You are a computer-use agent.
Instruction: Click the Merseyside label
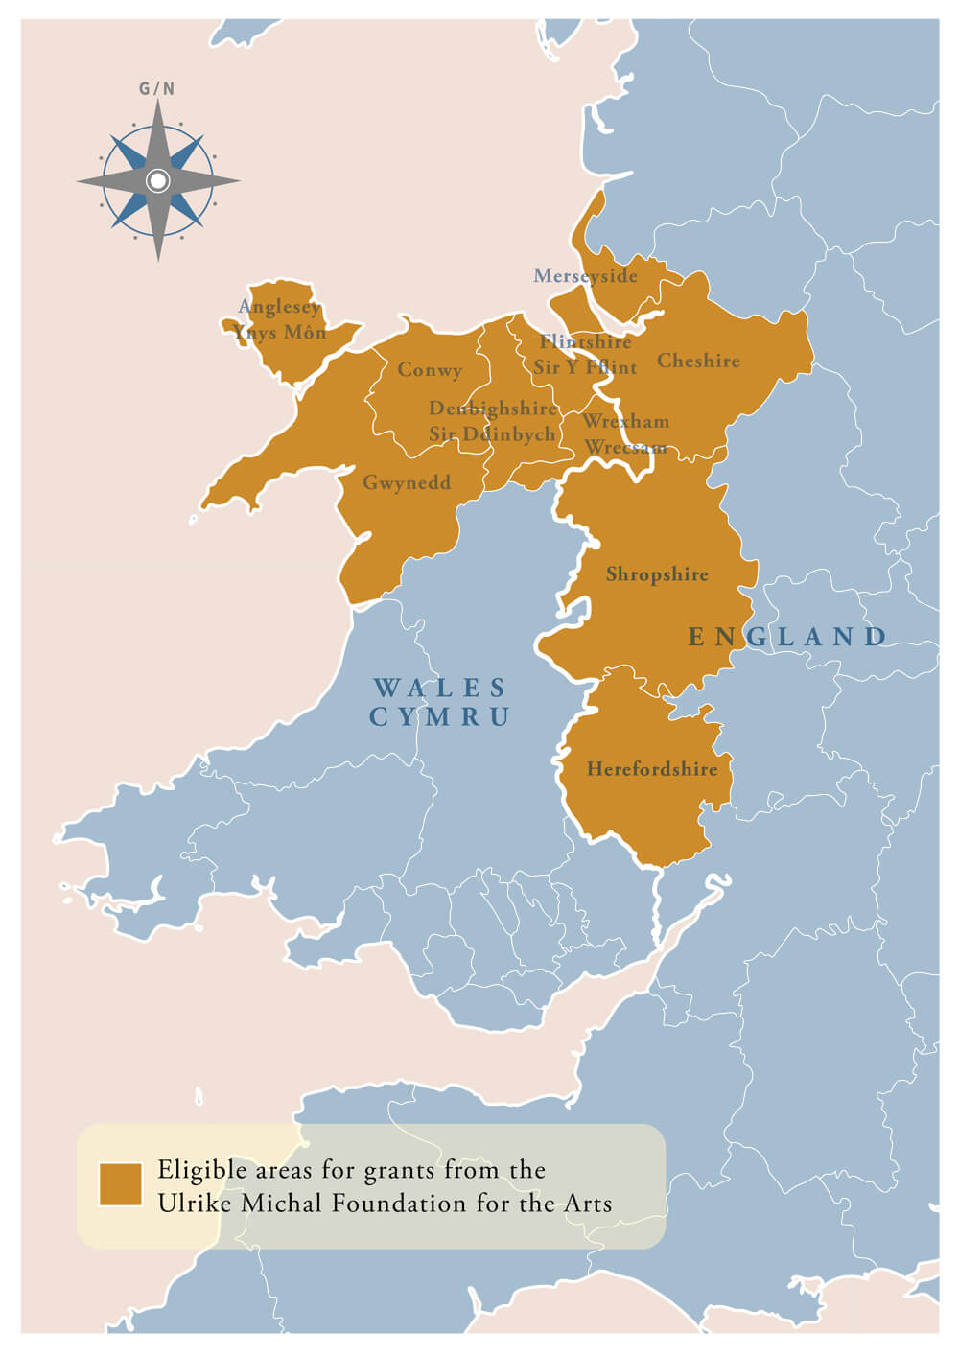pyautogui.click(x=585, y=276)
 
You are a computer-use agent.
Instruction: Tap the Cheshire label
pyautogui.click(x=698, y=362)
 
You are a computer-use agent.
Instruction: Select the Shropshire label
pyautogui.click(x=657, y=574)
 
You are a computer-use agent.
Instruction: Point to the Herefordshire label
pyautogui.click(x=652, y=769)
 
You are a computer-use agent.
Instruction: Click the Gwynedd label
pyautogui.click(x=407, y=482)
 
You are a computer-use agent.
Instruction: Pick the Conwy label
pyautogui.click(x=430, y=370)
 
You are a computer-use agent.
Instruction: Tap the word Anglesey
pyautogui.click(x=279, y=307)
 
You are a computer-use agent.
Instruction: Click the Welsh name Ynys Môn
pyautogui.click(x=279, y=333)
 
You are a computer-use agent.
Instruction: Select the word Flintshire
pyautogui.click(x=585, y=342)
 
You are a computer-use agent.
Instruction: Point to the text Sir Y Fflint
pyautogui.click(x=585, y=367)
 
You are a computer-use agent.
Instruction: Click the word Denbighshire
pyautogui.click(x=493, y=409)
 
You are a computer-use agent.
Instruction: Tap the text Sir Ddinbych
pyautogui.click(x=492, y=434)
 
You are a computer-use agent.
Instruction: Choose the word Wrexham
pyautogui.click(x=626, y=421)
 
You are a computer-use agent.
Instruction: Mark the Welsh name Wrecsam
pyautogui.click(x=626, y=447)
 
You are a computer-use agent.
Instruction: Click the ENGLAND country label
pyautogui.click(x=787, y=637)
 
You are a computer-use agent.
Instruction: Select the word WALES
pyautogui.click(x=440, y=688)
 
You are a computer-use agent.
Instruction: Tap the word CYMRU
pyautogui.click(x=440, y=716)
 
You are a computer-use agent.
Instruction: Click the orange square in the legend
pyautogui.click(x=121, y=1184)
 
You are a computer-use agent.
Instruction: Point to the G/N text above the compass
pyautogui.click(x=157, y=89)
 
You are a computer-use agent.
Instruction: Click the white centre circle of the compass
pyautogui.click(x=158, y=180)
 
